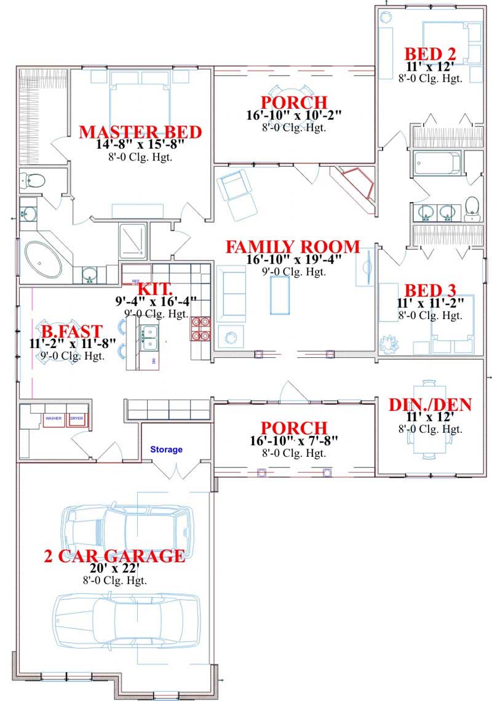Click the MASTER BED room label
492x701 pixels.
(141, 132)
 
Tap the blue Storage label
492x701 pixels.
(167, 450)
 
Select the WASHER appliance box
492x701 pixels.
(54, 419)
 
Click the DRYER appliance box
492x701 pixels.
(77, 419)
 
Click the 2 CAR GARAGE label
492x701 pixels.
(114, 556)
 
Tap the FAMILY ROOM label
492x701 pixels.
(292, 247)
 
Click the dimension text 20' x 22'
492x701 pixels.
(114, 569)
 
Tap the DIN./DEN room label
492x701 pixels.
(430, 405)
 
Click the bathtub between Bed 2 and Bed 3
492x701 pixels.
(437, 163)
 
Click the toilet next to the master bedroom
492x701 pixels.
(34, 180)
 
